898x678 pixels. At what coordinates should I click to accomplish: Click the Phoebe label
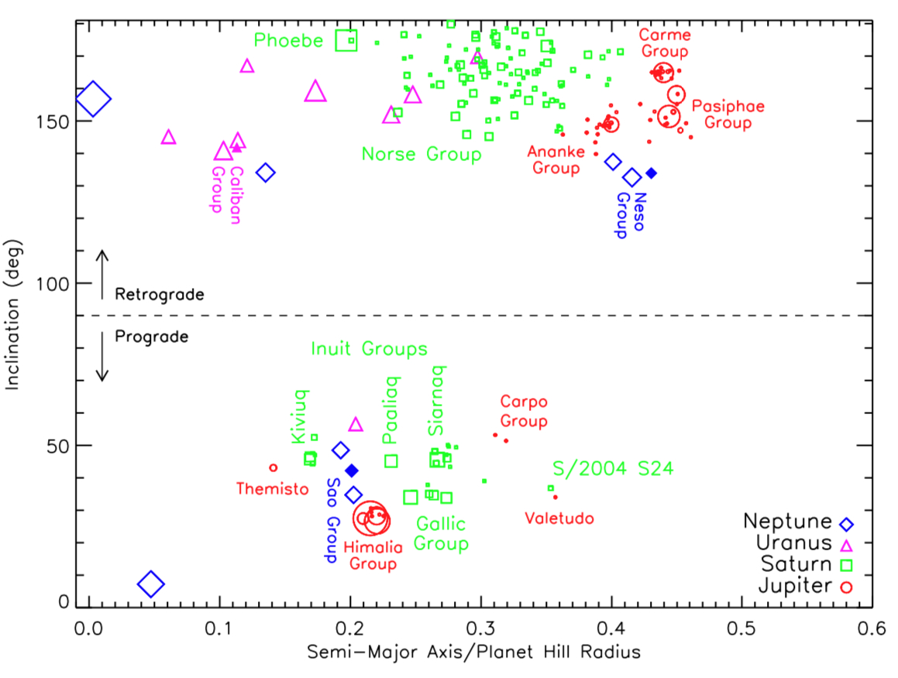(x=287, y=39)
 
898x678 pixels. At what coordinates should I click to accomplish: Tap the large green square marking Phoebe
(x=346, y=40)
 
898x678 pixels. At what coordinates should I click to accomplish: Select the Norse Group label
(x=421, y=154)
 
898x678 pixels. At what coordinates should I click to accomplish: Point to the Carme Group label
(x=664, y=43)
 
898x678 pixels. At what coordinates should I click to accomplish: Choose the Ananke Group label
(x=553, y=159)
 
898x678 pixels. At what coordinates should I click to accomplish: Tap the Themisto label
(x=272, y=488)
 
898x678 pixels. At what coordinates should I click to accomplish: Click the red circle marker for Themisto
(x=273, y=467)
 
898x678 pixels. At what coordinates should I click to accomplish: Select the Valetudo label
(x=559, y=519)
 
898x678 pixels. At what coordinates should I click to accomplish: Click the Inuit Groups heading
(x=369, y=349)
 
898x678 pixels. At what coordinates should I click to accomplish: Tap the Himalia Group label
(x=373, y=555)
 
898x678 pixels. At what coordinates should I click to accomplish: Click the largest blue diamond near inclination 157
(x=92, y=99)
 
